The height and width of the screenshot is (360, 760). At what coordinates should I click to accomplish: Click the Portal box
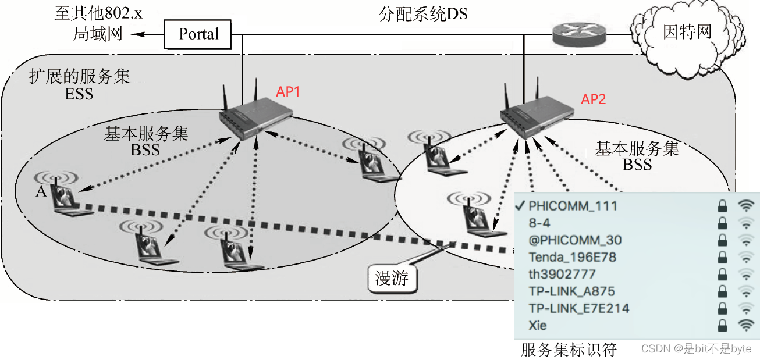click(x=198, y=34)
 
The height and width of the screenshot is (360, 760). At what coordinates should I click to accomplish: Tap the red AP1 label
click(x=288, y=92)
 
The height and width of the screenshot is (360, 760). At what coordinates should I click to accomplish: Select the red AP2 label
click(x=593, y=99)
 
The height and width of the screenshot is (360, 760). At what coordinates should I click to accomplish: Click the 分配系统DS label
click(x=423, y=14)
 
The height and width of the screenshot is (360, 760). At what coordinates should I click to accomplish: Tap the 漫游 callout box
click(x=392, y=279)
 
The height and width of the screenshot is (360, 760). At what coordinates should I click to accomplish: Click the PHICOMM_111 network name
click(x=573, y=206)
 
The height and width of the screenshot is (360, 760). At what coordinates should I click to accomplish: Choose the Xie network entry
click(x=538, y=325)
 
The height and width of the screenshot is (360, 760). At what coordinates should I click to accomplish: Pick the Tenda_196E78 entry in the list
click(x=572, y=257)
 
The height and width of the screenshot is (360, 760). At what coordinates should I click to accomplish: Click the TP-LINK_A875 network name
click(x=571, y=291)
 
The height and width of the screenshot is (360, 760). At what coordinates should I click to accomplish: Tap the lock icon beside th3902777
click(x=722, y=274)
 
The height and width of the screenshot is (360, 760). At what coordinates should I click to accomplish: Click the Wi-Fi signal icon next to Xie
click(x=745, y=325)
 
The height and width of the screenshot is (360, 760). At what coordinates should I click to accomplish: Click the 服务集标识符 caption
click(x=568, y=350)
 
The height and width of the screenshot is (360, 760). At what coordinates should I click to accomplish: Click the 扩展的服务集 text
click(x=80, y=77)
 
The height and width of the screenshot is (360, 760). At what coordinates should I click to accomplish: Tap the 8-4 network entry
click(x=539, y=223)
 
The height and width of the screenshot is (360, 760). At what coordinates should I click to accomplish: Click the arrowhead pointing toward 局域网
click(x=136, y=34)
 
